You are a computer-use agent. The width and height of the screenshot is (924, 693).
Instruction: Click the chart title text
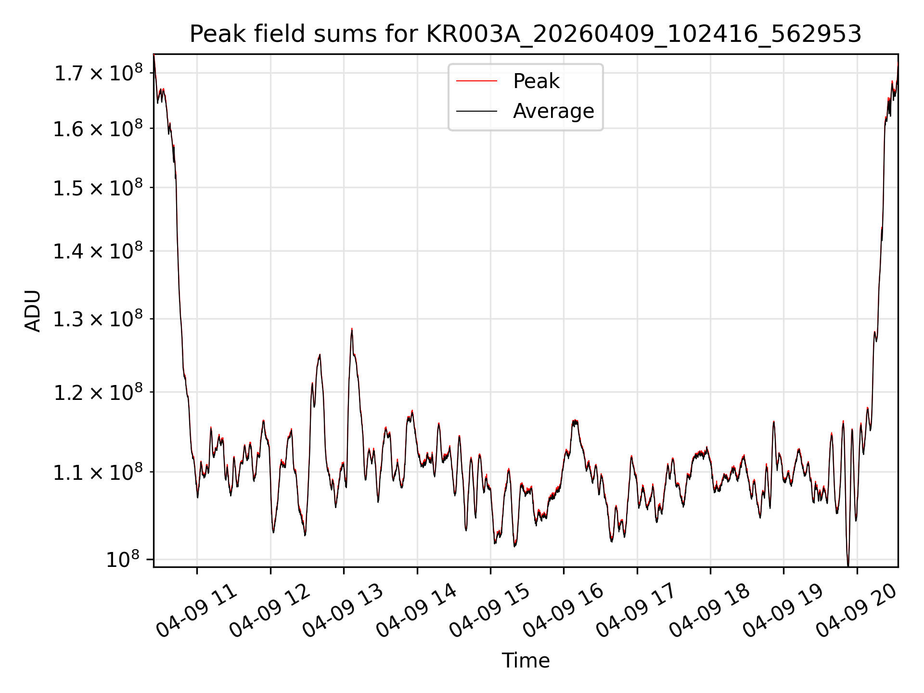coord(526,34)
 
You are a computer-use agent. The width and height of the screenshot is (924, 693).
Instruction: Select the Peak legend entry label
coord(536,81)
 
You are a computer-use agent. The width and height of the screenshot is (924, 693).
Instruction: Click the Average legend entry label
coord(553,111)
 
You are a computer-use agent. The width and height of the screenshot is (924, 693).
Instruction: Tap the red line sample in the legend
coord(476,81)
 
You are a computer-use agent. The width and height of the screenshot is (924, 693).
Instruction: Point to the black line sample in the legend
coord(476,111)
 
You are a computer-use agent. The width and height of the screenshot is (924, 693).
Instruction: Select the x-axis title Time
coord(526,661)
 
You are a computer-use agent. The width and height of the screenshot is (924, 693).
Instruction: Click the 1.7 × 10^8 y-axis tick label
coord(98,73)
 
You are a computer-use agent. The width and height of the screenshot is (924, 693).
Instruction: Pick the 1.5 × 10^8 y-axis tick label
coord(98,187)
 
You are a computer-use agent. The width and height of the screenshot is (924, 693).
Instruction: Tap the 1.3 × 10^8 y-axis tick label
coord(98,319)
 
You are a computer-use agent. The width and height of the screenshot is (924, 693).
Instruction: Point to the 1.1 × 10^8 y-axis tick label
coord(98,472)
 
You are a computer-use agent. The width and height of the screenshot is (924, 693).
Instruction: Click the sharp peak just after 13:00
coord(352,329)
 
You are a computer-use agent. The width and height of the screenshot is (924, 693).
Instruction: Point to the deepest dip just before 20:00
coord(848,565)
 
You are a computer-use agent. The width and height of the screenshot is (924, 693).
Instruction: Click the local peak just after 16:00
coord(575,422)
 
